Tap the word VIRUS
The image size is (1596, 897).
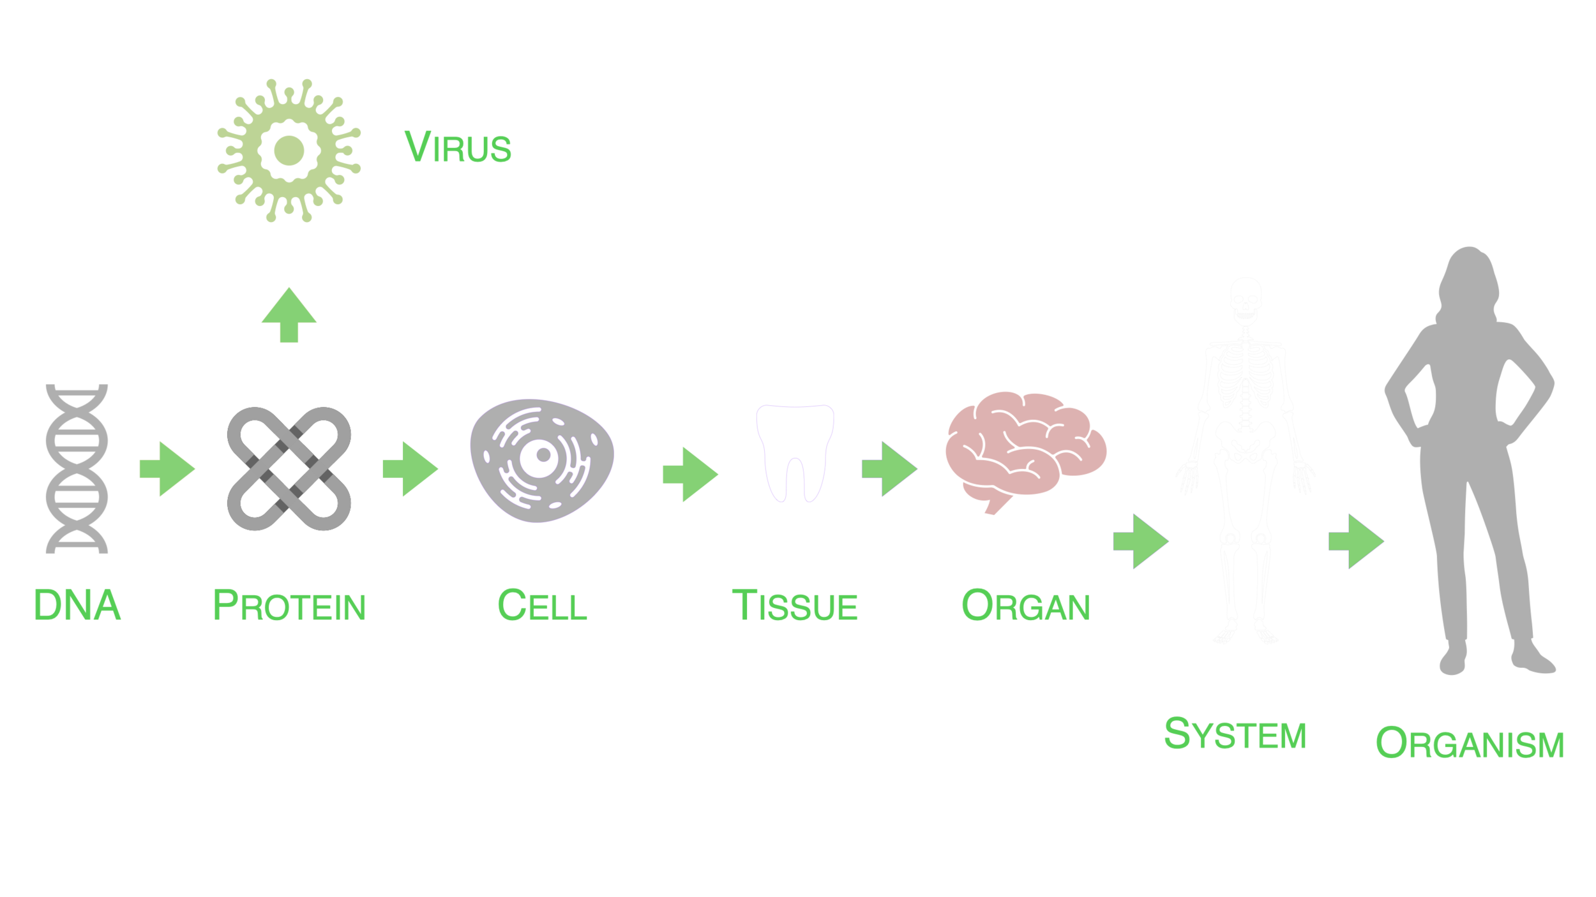(x=458, y=147)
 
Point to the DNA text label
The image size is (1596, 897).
(x=78, y=609)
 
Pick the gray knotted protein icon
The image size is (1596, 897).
(x=289, y=469)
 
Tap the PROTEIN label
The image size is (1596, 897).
(x=289, y=609)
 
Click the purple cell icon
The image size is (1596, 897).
(x=541, y=463)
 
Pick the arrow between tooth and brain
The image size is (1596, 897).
(x=889, y=469)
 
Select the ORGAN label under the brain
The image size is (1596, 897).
(x=1024, y=609)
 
